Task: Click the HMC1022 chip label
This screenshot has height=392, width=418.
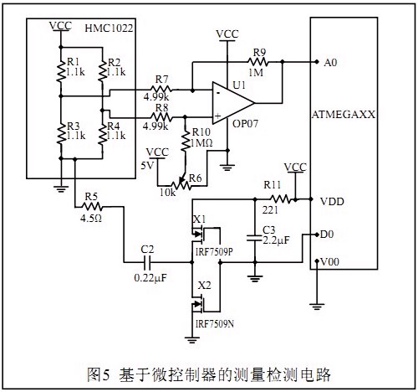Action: (x=109, y=28)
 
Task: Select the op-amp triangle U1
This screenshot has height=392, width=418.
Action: (x=233, y=103)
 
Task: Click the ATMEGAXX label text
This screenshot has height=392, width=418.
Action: (x=344, y=115)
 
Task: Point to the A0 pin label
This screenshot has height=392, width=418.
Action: (x=330, y=63)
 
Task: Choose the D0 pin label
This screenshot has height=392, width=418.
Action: (x=327, y=235)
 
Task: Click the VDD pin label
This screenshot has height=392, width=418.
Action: (x=332, y=201)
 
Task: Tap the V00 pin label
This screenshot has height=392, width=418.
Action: (x=330, y=262)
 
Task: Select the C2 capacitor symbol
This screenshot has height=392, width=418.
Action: (x=148, y=262)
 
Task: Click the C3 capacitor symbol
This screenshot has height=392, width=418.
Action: (x=255, y=238)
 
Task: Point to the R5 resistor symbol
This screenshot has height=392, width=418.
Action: (x=92, y=207)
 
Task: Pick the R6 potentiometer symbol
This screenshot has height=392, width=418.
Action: (x=181, y=183)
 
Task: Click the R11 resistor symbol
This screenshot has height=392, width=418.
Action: (x=280, y=199)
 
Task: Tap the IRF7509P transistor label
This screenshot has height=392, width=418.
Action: (x=214, y=252)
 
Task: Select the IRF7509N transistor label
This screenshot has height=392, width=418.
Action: (x=215, y=324)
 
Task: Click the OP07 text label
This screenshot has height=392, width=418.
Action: (x=245, y=123)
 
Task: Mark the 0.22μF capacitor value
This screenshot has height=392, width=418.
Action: (x=150, y=278)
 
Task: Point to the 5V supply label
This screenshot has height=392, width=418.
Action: (x=147, y=166)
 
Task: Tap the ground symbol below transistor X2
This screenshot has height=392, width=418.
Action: (x=192, y=340)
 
